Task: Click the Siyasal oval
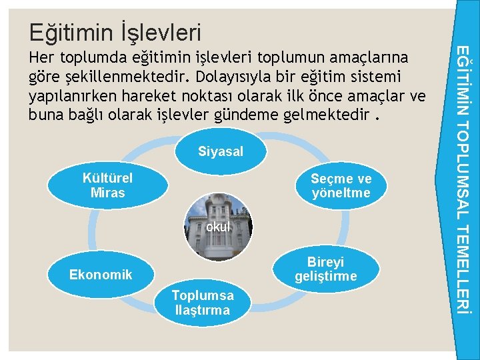[x=220, y=152]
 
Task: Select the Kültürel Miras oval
[x=107, y=185]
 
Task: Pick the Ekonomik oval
[x=101, y=275]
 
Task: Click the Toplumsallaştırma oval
[x=202, y=303]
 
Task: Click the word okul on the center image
[x=218, y=227]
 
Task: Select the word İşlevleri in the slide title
[x=160, y=31]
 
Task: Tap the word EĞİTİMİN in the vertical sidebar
[x=467, y=79]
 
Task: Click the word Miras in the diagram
[x=107, y=193]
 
